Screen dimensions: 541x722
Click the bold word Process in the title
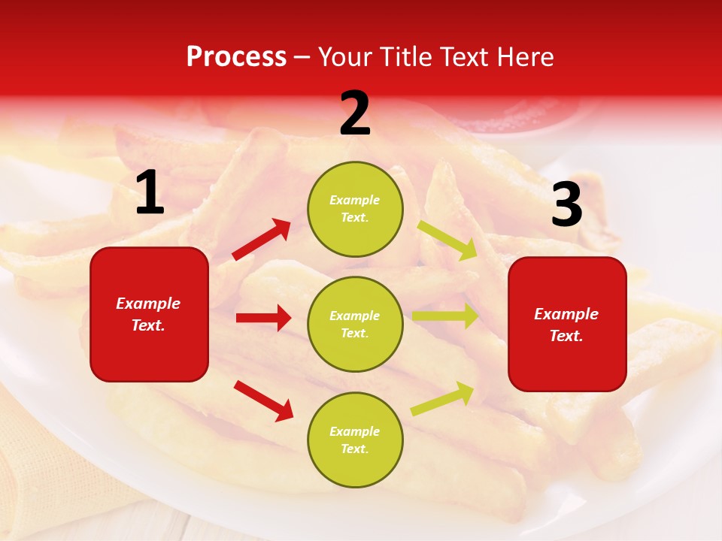click(236, 57)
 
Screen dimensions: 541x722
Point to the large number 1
click(150, 193)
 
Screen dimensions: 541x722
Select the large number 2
click(355, 113)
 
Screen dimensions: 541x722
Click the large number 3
click(566, 204)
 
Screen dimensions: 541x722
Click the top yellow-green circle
click(355, 209)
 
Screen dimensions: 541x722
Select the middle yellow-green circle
click(355, 325)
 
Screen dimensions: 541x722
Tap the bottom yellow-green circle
click(355, 440)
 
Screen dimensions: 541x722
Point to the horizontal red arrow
click(263, 318)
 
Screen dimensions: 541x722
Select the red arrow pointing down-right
click(263, 400)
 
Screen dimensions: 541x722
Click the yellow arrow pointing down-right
click(447, 240)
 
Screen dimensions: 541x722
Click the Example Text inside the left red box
click(148, 314)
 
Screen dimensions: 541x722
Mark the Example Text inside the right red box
click(566, 325)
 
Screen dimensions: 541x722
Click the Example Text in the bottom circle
click(355, 440)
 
